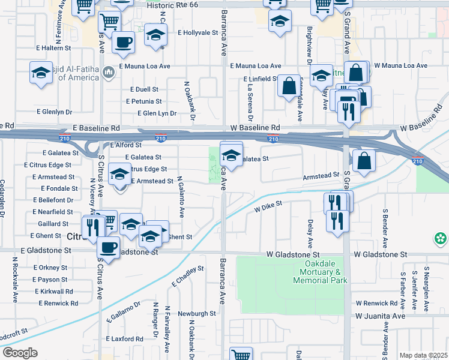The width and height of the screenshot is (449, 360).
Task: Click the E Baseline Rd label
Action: (x=97, y=128)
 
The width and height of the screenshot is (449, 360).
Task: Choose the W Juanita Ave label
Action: (x=381, y=316)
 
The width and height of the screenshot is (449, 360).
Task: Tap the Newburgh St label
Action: (x=196, y=313)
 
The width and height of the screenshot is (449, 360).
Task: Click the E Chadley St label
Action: (x=188, y=277)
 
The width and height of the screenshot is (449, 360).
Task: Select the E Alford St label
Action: (x=127, y=145)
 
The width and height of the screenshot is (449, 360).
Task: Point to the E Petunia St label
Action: (x=144, y=101)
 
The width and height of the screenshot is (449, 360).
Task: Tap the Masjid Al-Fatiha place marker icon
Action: (x=109, y=73)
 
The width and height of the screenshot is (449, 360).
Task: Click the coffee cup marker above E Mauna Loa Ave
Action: (x=123, y=42)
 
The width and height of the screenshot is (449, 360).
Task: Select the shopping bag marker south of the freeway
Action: (x=364, y=160)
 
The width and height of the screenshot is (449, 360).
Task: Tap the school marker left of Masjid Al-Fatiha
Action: (x=40, y=73)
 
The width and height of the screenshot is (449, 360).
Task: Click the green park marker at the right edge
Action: (x=442, y=238)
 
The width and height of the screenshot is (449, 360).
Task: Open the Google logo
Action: (x=20, y=353)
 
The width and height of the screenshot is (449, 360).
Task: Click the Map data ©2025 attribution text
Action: (x=423, y=355)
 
